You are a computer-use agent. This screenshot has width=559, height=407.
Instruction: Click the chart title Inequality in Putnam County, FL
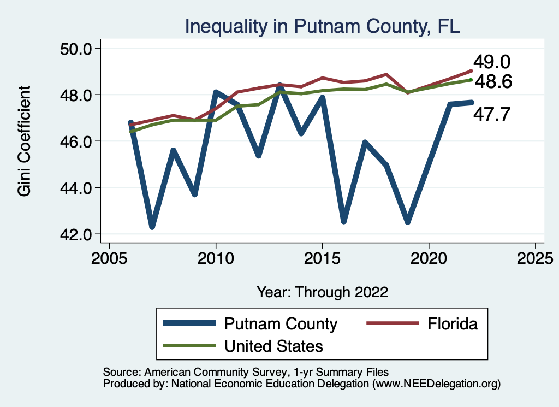(x=322, y=26)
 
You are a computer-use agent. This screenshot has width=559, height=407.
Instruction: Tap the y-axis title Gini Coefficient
(x=25, y=141)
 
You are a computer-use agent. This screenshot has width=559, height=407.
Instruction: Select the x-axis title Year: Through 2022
(x=322, y=292)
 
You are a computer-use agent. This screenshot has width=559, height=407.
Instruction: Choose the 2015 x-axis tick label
(x=323, y=258)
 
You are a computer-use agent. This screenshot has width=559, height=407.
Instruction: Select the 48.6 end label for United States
(x=493, y=82)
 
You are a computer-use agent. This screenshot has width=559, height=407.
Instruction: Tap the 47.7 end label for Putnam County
(x=491, y=115)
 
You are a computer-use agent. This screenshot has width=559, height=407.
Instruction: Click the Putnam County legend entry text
(x=281, y=324)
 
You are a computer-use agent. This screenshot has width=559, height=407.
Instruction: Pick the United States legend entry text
(x=273, y=346)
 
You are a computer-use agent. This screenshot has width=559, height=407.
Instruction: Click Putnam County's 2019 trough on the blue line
(x=408, y=222)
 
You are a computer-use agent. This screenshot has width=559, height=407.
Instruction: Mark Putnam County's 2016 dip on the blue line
(x=344, y=221)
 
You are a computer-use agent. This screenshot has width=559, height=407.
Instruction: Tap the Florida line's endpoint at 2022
(x=471, y=70)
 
